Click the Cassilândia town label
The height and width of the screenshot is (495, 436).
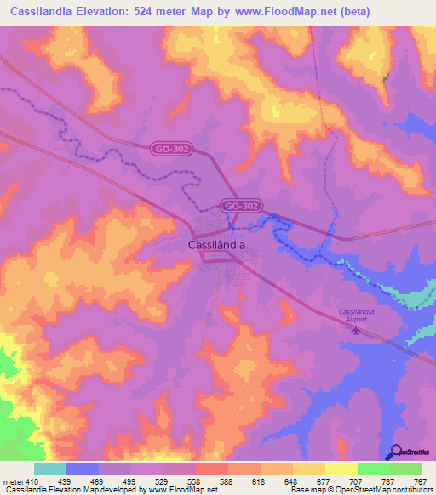coord(216,244)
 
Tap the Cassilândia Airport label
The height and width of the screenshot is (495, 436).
coord(353,315)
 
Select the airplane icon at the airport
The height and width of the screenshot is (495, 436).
coord(355,330)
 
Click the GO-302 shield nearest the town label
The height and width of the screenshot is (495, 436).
coord(242,206)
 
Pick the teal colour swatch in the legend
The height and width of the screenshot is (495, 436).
coord(49,469)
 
